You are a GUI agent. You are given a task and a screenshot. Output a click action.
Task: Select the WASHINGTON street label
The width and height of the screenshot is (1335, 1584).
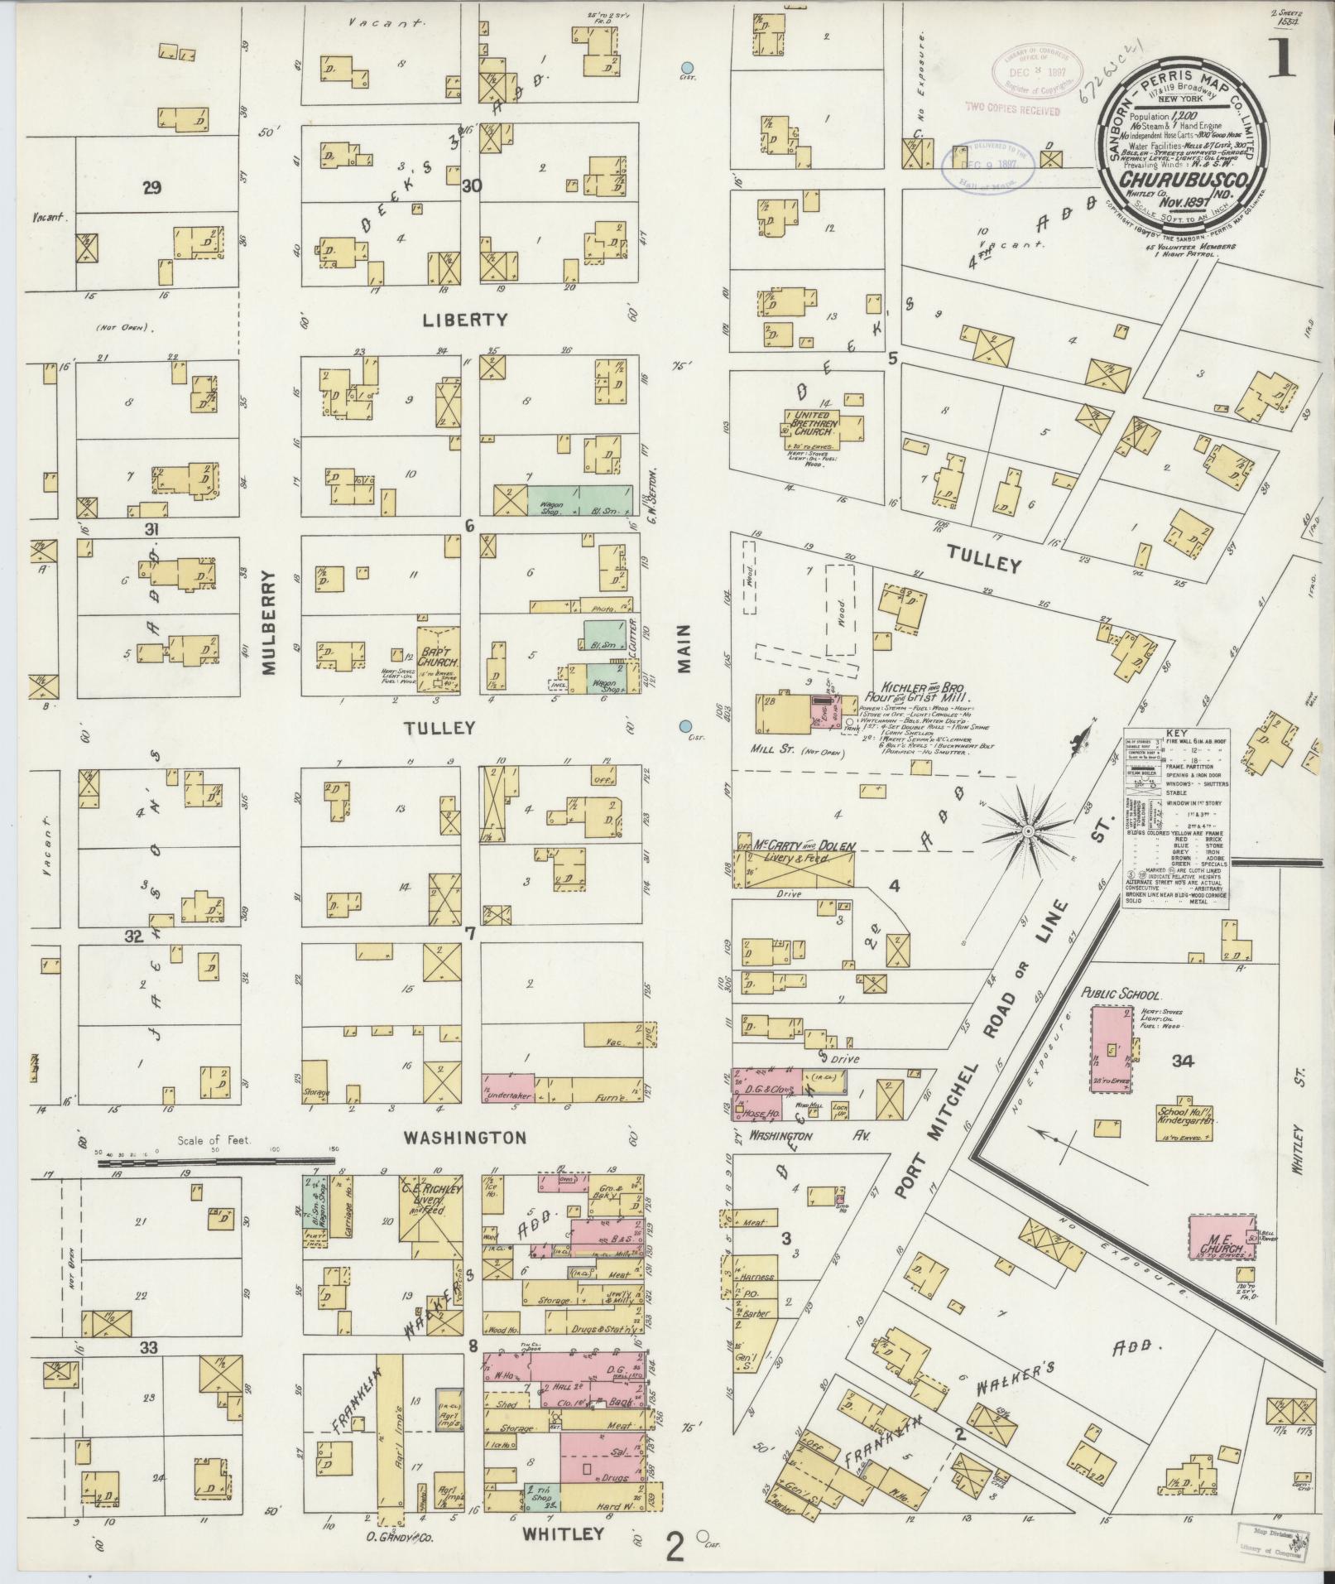(464, 1137)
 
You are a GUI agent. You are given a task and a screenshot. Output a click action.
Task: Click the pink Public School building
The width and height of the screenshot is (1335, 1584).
(1112, 1049)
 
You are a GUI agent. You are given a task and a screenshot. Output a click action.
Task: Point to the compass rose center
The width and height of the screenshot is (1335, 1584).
(1026, 830)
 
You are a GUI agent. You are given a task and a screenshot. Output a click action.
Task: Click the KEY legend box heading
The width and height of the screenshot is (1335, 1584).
(1174, 734)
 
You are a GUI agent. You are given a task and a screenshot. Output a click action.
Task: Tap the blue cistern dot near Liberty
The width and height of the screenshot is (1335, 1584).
(685, 68)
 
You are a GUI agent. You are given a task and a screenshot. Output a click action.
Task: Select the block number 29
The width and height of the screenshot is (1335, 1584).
(151, 188)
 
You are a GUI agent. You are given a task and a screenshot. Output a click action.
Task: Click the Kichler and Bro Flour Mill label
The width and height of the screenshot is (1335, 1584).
(906, 692)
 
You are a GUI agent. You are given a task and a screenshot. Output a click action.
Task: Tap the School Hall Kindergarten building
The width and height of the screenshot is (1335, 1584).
(1184, 1117)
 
